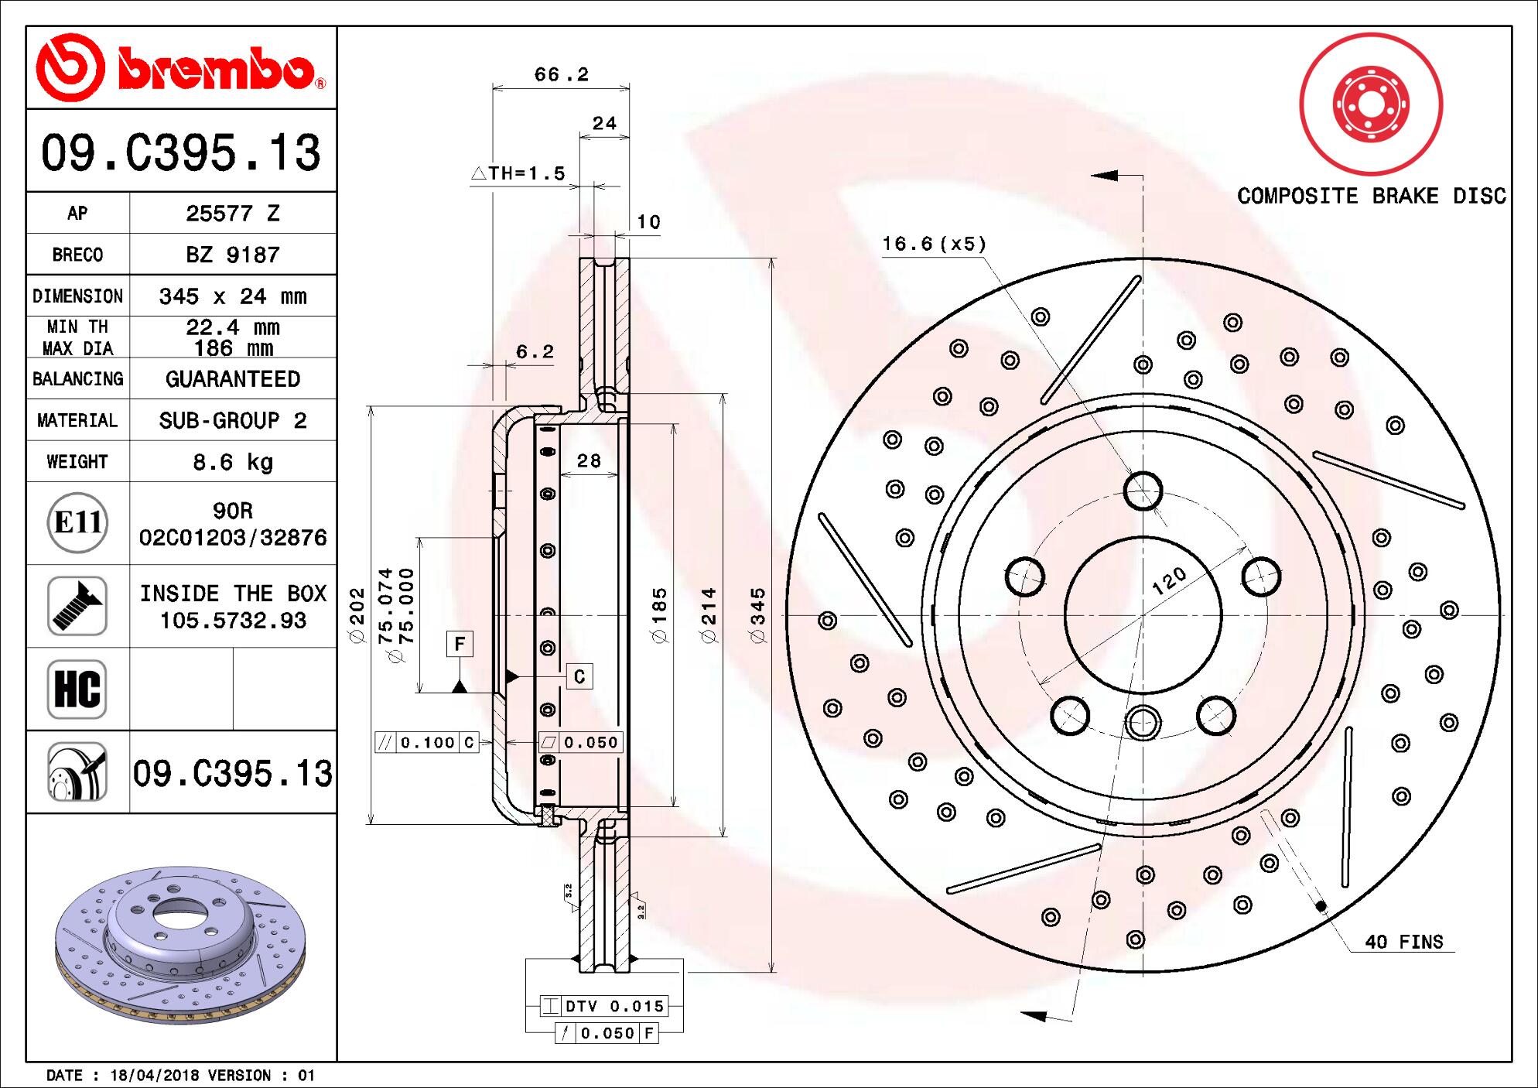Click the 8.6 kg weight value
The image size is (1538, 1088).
pyautogui.click(x=232, y=462)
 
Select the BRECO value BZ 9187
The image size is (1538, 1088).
pyautogui.click(x=232, y=255)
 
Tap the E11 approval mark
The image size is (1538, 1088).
pyautogui.click(x=77, y=523)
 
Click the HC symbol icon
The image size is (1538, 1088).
pyautogui.click(x=77, y=689)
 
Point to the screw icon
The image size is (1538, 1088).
pyautogui.click(x=77, y=606)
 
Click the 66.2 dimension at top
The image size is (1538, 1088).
pyautogui.click(x=561, y=74)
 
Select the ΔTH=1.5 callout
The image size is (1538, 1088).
pyautogui.click(x=518, y=173)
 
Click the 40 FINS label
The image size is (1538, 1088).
pyautogui.click(x=1403, y=942)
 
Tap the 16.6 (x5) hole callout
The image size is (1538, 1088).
pyautogui.click(x=934, y=245)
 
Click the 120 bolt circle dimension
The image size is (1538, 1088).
pyautogui.click(x=1168, y=580)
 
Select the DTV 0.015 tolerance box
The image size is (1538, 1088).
pyautogui.click(x=603, y=1006)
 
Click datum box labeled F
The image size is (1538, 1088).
pyautogui.click(x=460, y=644)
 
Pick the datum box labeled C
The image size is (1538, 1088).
pyautogui.click(x=579, y=677)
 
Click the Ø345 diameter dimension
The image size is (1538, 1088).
pyautogui.click(x=757, y=615)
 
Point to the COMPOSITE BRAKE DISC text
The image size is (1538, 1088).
pyautogui.click(x=1371, y=196)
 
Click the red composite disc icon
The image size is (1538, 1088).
pyautogui.click(x=1371, y=104)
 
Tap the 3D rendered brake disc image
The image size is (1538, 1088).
pyautogui.click(x=181, y=936)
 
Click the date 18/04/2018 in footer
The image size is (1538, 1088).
pyautogui.click(x=155, y=1075)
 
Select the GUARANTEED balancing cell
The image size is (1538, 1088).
pyautogui.click(x=232, y=379)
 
